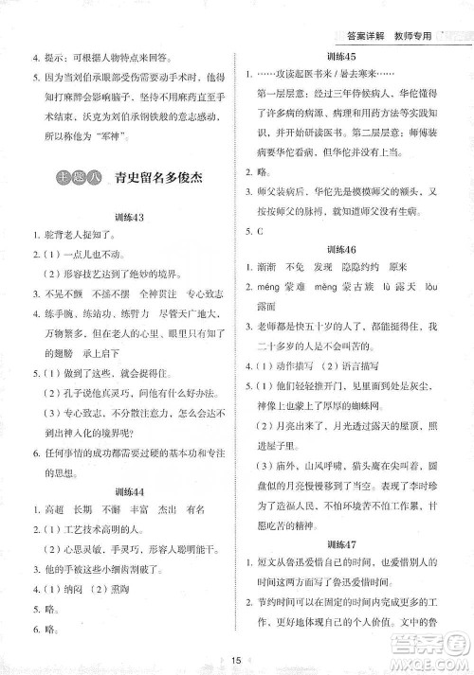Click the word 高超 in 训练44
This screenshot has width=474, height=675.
click(x=49, y=510)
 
